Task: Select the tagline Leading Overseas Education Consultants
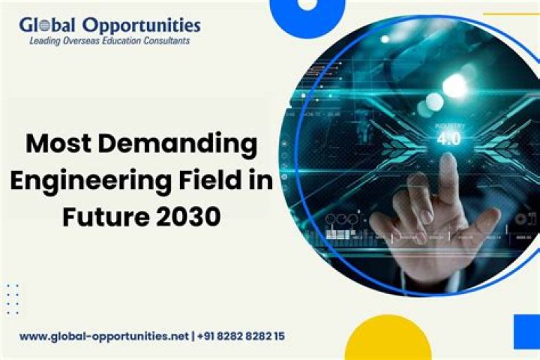pos(109,41)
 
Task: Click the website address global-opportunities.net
pos(104,336)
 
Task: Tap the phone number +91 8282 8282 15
pos(241,336)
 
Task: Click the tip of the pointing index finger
pos(447,162)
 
